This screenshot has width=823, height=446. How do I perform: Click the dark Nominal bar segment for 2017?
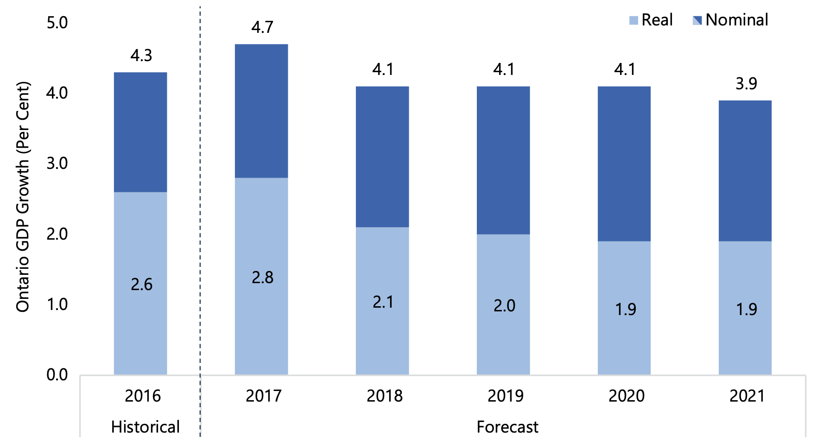coord(261,111)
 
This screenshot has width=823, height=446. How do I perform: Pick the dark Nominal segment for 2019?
coord(503,160)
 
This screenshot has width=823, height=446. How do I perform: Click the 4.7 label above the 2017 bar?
coord(262,27)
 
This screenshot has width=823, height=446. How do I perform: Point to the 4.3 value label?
coord(141,56)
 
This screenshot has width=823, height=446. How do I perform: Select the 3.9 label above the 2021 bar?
coord(746,84)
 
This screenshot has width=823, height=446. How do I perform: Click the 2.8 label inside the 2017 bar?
coord(262,278)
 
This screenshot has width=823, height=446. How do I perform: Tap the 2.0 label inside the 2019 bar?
coord(504,306)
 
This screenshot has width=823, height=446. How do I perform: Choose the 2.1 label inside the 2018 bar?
coord(383,302)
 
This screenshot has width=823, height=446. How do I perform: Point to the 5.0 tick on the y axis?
coord(57,23)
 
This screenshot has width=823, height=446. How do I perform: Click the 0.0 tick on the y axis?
coord(57,375)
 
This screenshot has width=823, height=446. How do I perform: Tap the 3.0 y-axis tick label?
coord(57,163)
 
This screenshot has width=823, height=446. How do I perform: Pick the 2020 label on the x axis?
coord(626,396)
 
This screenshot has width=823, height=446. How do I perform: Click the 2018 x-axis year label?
coord(384,396)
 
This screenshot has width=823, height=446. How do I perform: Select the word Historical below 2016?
coord(145,427)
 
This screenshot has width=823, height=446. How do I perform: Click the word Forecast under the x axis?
coord(507,427)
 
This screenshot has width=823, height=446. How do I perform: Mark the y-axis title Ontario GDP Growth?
coord(23,197)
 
